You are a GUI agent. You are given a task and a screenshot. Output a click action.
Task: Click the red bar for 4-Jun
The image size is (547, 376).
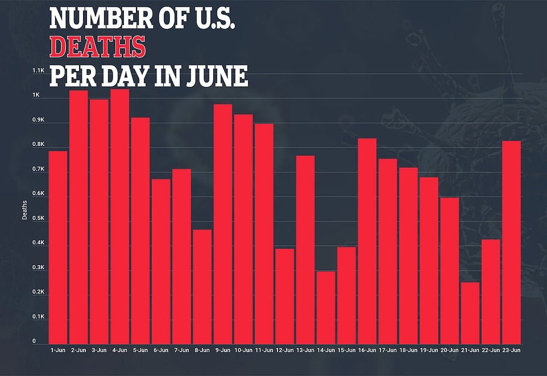[x=119, y=216]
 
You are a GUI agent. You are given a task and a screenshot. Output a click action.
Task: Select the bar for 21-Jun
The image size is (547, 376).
[x=470, y=312]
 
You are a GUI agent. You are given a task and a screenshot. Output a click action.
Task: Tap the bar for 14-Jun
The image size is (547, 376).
[x=326, y=307]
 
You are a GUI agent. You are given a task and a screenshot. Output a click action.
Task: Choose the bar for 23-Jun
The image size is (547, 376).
[x=511, y=241]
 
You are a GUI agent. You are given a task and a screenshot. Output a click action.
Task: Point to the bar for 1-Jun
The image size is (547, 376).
[x=58, y=247]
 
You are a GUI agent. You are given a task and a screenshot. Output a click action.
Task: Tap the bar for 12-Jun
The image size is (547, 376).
[x=284, y=295]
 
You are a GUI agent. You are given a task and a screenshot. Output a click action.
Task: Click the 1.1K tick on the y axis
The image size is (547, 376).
[x=38, y=71]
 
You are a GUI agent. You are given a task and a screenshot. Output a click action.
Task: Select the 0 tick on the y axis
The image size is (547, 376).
[x=34, y=341]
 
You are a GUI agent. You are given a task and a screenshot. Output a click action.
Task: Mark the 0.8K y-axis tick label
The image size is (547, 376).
[x=38, y=145]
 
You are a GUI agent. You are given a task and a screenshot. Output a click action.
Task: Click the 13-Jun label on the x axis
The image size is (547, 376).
[x=305, y=350]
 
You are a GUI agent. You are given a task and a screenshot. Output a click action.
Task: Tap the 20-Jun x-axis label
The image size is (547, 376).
[x=449, y=350]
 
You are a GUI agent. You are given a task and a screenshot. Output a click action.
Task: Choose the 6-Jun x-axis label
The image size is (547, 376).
[x=161, y=350]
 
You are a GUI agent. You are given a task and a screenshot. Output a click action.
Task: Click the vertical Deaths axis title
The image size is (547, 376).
[x=24, y=211]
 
